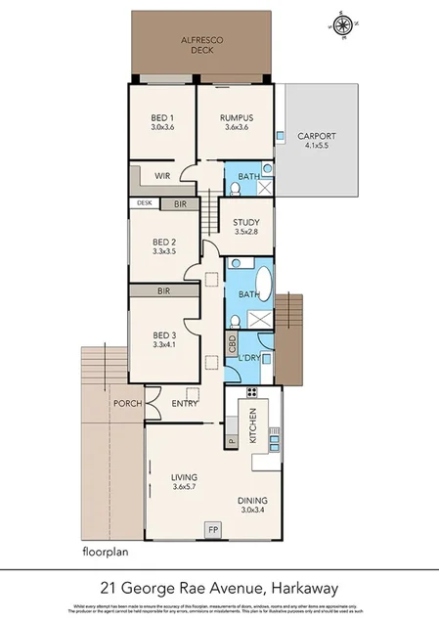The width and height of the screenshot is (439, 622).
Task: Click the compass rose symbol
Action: [x=343, y=24]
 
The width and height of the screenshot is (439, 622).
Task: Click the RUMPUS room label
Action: [x=235, y=119]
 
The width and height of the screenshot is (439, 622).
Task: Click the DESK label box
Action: [x=144, y=204]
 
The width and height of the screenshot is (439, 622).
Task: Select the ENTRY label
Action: [x=185, y=403]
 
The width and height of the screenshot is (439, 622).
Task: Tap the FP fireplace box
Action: [x=212, y=530]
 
